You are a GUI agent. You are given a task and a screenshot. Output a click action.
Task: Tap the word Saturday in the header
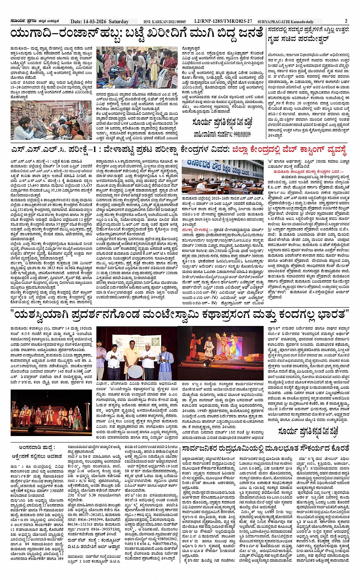click(118, 22)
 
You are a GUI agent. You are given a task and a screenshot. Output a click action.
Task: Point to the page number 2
click(346, 21)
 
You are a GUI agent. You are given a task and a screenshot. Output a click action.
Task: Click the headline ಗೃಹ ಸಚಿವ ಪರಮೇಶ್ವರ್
click(299, 39)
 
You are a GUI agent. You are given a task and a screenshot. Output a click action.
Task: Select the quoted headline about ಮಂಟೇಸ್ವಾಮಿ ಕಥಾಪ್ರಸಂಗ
click(179, 315)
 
